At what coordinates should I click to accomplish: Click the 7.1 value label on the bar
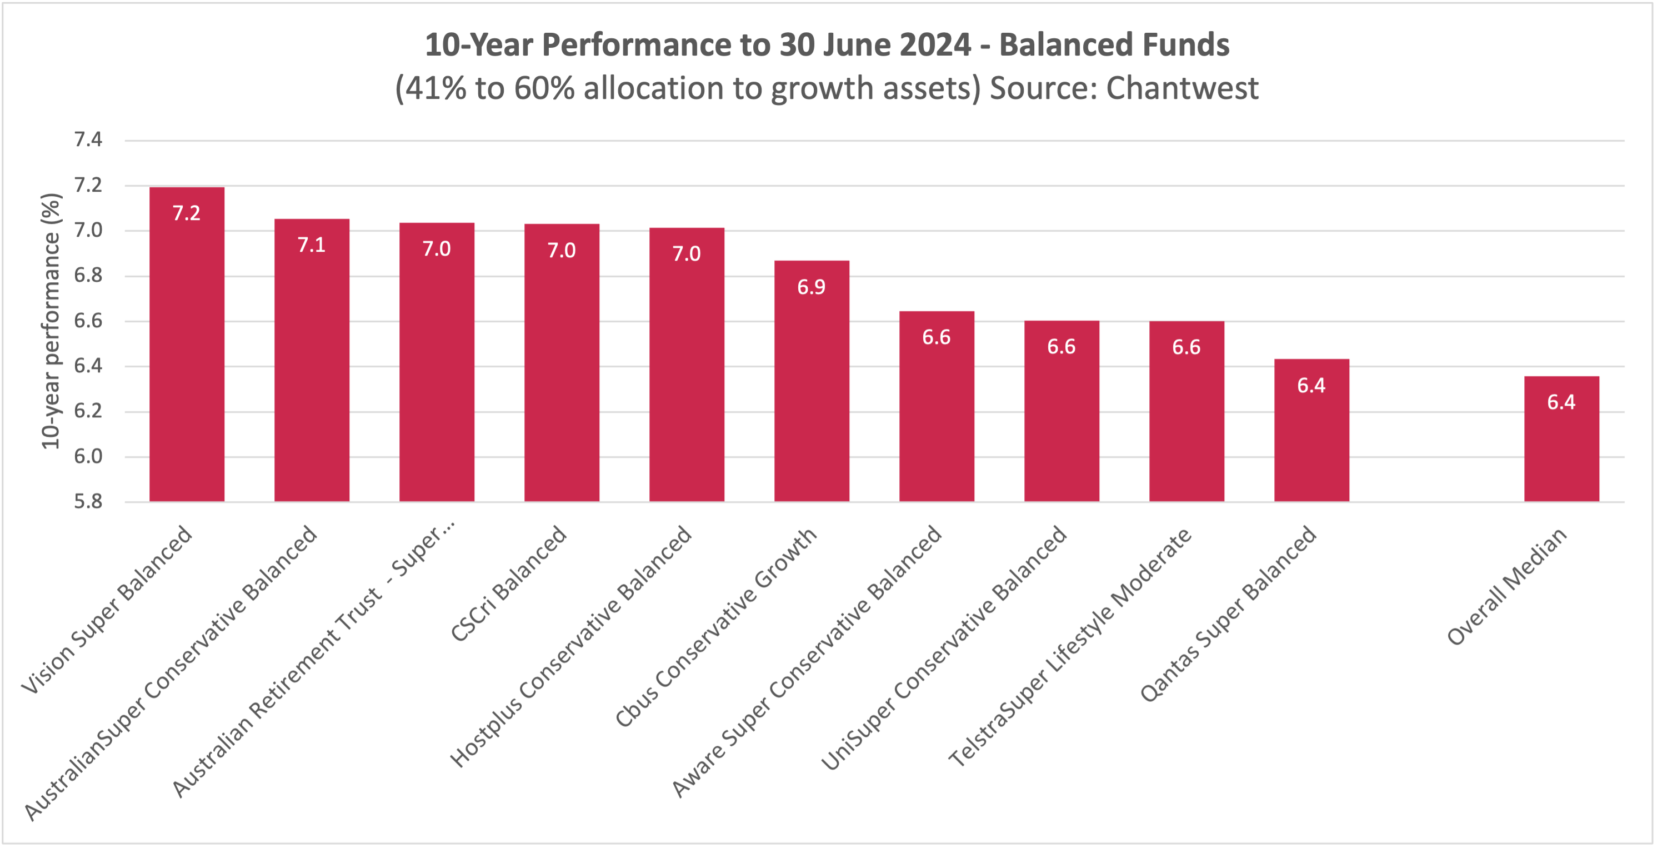pyautogui.click(x=311, y=245)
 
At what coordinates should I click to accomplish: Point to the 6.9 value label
pyautogui.click(x=811, y=287)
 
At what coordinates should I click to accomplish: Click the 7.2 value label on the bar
pyautogui.click(x=187, y=213)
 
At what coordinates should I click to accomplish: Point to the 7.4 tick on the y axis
pyautogui.click(x=88, y=139)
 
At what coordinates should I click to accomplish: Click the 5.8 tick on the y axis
pyautogui.click(x=88, y=501)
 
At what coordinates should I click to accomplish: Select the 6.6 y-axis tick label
pyautogui.click(x=88, y=321)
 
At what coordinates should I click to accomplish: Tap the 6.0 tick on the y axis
pyautogui.click(x=88, y=456)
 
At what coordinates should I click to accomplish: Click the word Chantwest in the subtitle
pyautogui.click(x=1182, y=88)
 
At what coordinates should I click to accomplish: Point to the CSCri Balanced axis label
pyautogui.click(x=508, y=583)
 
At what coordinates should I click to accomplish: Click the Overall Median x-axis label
pyautogui.click(x=1506, y=587)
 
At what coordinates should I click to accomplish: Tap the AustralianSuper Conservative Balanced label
pyautogui.click(x=171, y=672)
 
